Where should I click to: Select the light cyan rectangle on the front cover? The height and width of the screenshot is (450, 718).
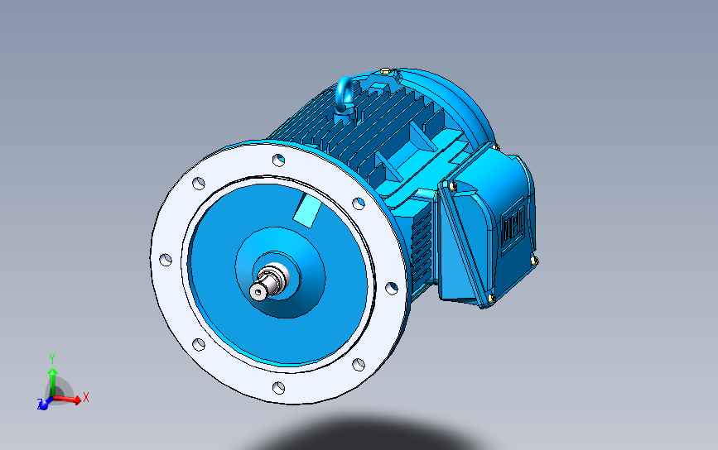307,212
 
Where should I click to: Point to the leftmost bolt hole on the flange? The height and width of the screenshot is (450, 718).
165,260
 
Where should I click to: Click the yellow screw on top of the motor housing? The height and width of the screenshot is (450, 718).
384,71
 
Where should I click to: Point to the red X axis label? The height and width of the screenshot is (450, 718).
86,398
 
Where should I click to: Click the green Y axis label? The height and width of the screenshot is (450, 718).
51,357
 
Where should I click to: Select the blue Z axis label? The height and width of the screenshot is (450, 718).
40,405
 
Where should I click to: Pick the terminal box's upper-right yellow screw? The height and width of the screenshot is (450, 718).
497,147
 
